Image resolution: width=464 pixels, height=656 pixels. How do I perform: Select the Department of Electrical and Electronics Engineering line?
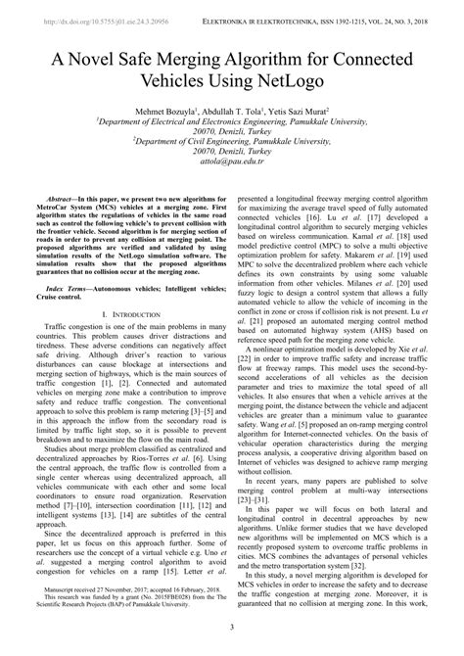(231, 137)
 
